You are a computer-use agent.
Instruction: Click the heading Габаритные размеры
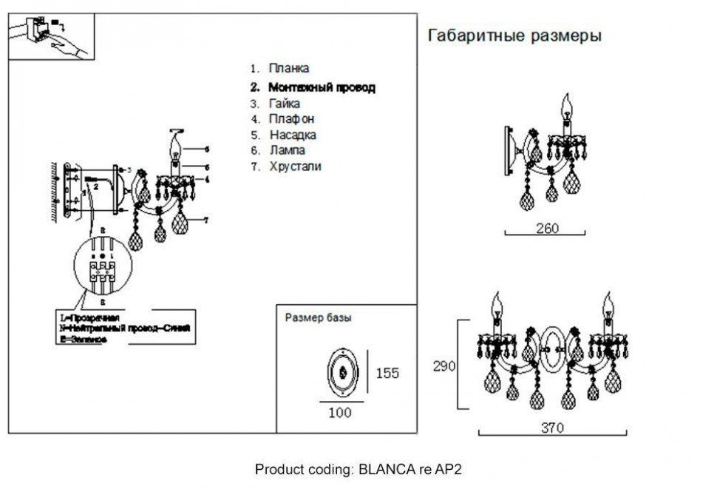click(514, 36)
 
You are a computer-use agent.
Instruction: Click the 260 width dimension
click(546, 228)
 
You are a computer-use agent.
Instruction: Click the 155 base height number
click(387, 373)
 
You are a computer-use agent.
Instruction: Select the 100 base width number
click(340, 413)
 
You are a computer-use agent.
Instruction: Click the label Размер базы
click(318, 318)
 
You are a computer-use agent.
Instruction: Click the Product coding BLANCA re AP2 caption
click(358, 469)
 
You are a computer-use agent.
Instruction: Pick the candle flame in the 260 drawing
click(568, 106)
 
